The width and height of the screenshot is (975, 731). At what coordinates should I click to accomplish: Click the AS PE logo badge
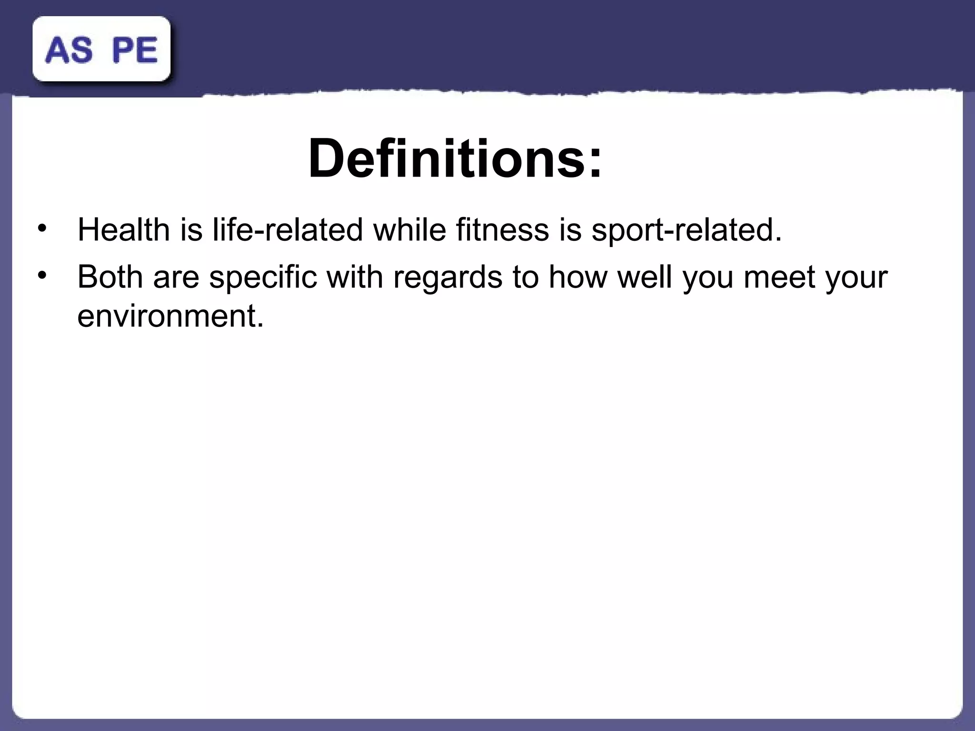pyautogui.click(x=101, y=49)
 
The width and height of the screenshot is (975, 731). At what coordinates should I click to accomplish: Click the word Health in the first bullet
pyautogui.click(x=123, y=229)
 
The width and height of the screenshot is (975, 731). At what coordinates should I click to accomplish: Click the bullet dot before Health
pyautogui.click(x=42, y=228)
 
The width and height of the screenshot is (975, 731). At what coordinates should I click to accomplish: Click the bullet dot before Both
pyautogui.click(x=42, y=276)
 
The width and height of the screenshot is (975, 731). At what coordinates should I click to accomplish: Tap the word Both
pyautogui.click(x=110, y=277)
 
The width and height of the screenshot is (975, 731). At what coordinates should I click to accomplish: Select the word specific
pyautogui.click(x=263, y=277)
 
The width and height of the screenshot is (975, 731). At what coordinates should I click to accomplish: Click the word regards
pyautogui.click(x=448, y=277)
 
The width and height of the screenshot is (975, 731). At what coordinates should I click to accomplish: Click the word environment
pyautogui.click(x=170, y=316)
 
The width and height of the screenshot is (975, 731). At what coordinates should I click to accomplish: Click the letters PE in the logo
pyautogui.click(x=135, y=50)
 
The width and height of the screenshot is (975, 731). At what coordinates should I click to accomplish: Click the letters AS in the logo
pyautogui.click(x=69, y=50)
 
